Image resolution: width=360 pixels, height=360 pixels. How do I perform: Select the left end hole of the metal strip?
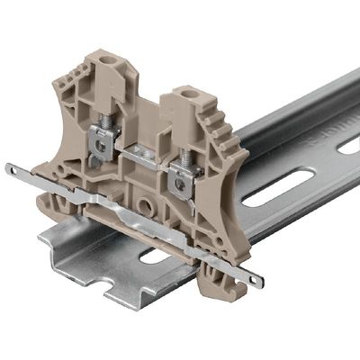pyautogui.click(x=11, y=169)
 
